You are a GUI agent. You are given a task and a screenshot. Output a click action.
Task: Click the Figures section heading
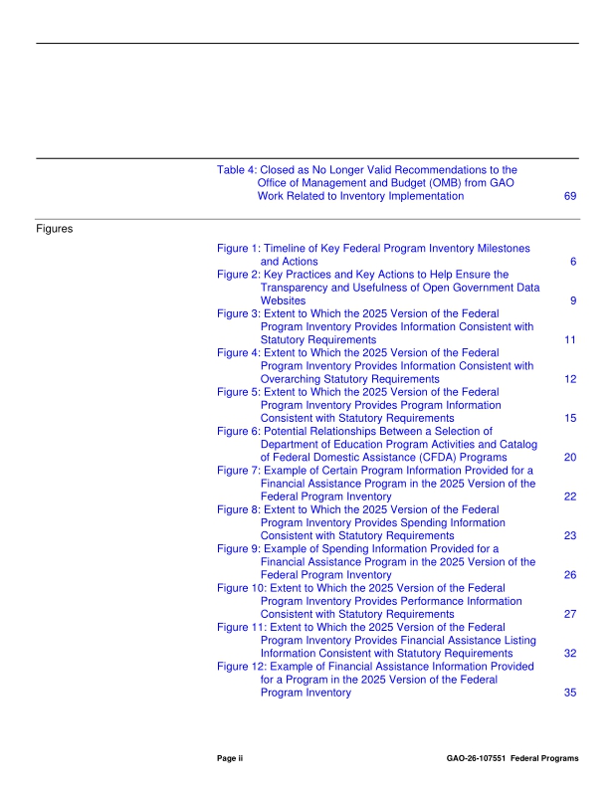coord(57,229)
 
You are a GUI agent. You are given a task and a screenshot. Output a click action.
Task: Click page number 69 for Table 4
coord(570,196)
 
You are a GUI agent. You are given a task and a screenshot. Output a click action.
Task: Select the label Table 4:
coord(236,170)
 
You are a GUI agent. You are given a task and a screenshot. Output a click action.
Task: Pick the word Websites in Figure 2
coord(284,300)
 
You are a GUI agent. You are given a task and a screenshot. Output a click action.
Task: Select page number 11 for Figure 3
coord(570,339)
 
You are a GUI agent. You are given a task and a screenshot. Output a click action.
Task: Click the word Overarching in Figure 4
coord(295,379)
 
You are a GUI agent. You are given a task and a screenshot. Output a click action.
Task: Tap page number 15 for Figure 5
coord(570,418)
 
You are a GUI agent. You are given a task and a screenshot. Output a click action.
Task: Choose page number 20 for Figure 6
coord(570,458)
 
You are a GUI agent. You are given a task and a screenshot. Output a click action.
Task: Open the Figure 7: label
coord(239,470)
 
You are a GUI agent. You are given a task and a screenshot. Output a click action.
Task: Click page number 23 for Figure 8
coord(570,535)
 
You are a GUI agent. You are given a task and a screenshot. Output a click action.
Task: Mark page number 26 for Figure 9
coord(570,575)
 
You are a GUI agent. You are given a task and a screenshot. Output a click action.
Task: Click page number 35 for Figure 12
coord(570,693)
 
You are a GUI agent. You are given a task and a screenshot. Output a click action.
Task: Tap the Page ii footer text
coord(230,758)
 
